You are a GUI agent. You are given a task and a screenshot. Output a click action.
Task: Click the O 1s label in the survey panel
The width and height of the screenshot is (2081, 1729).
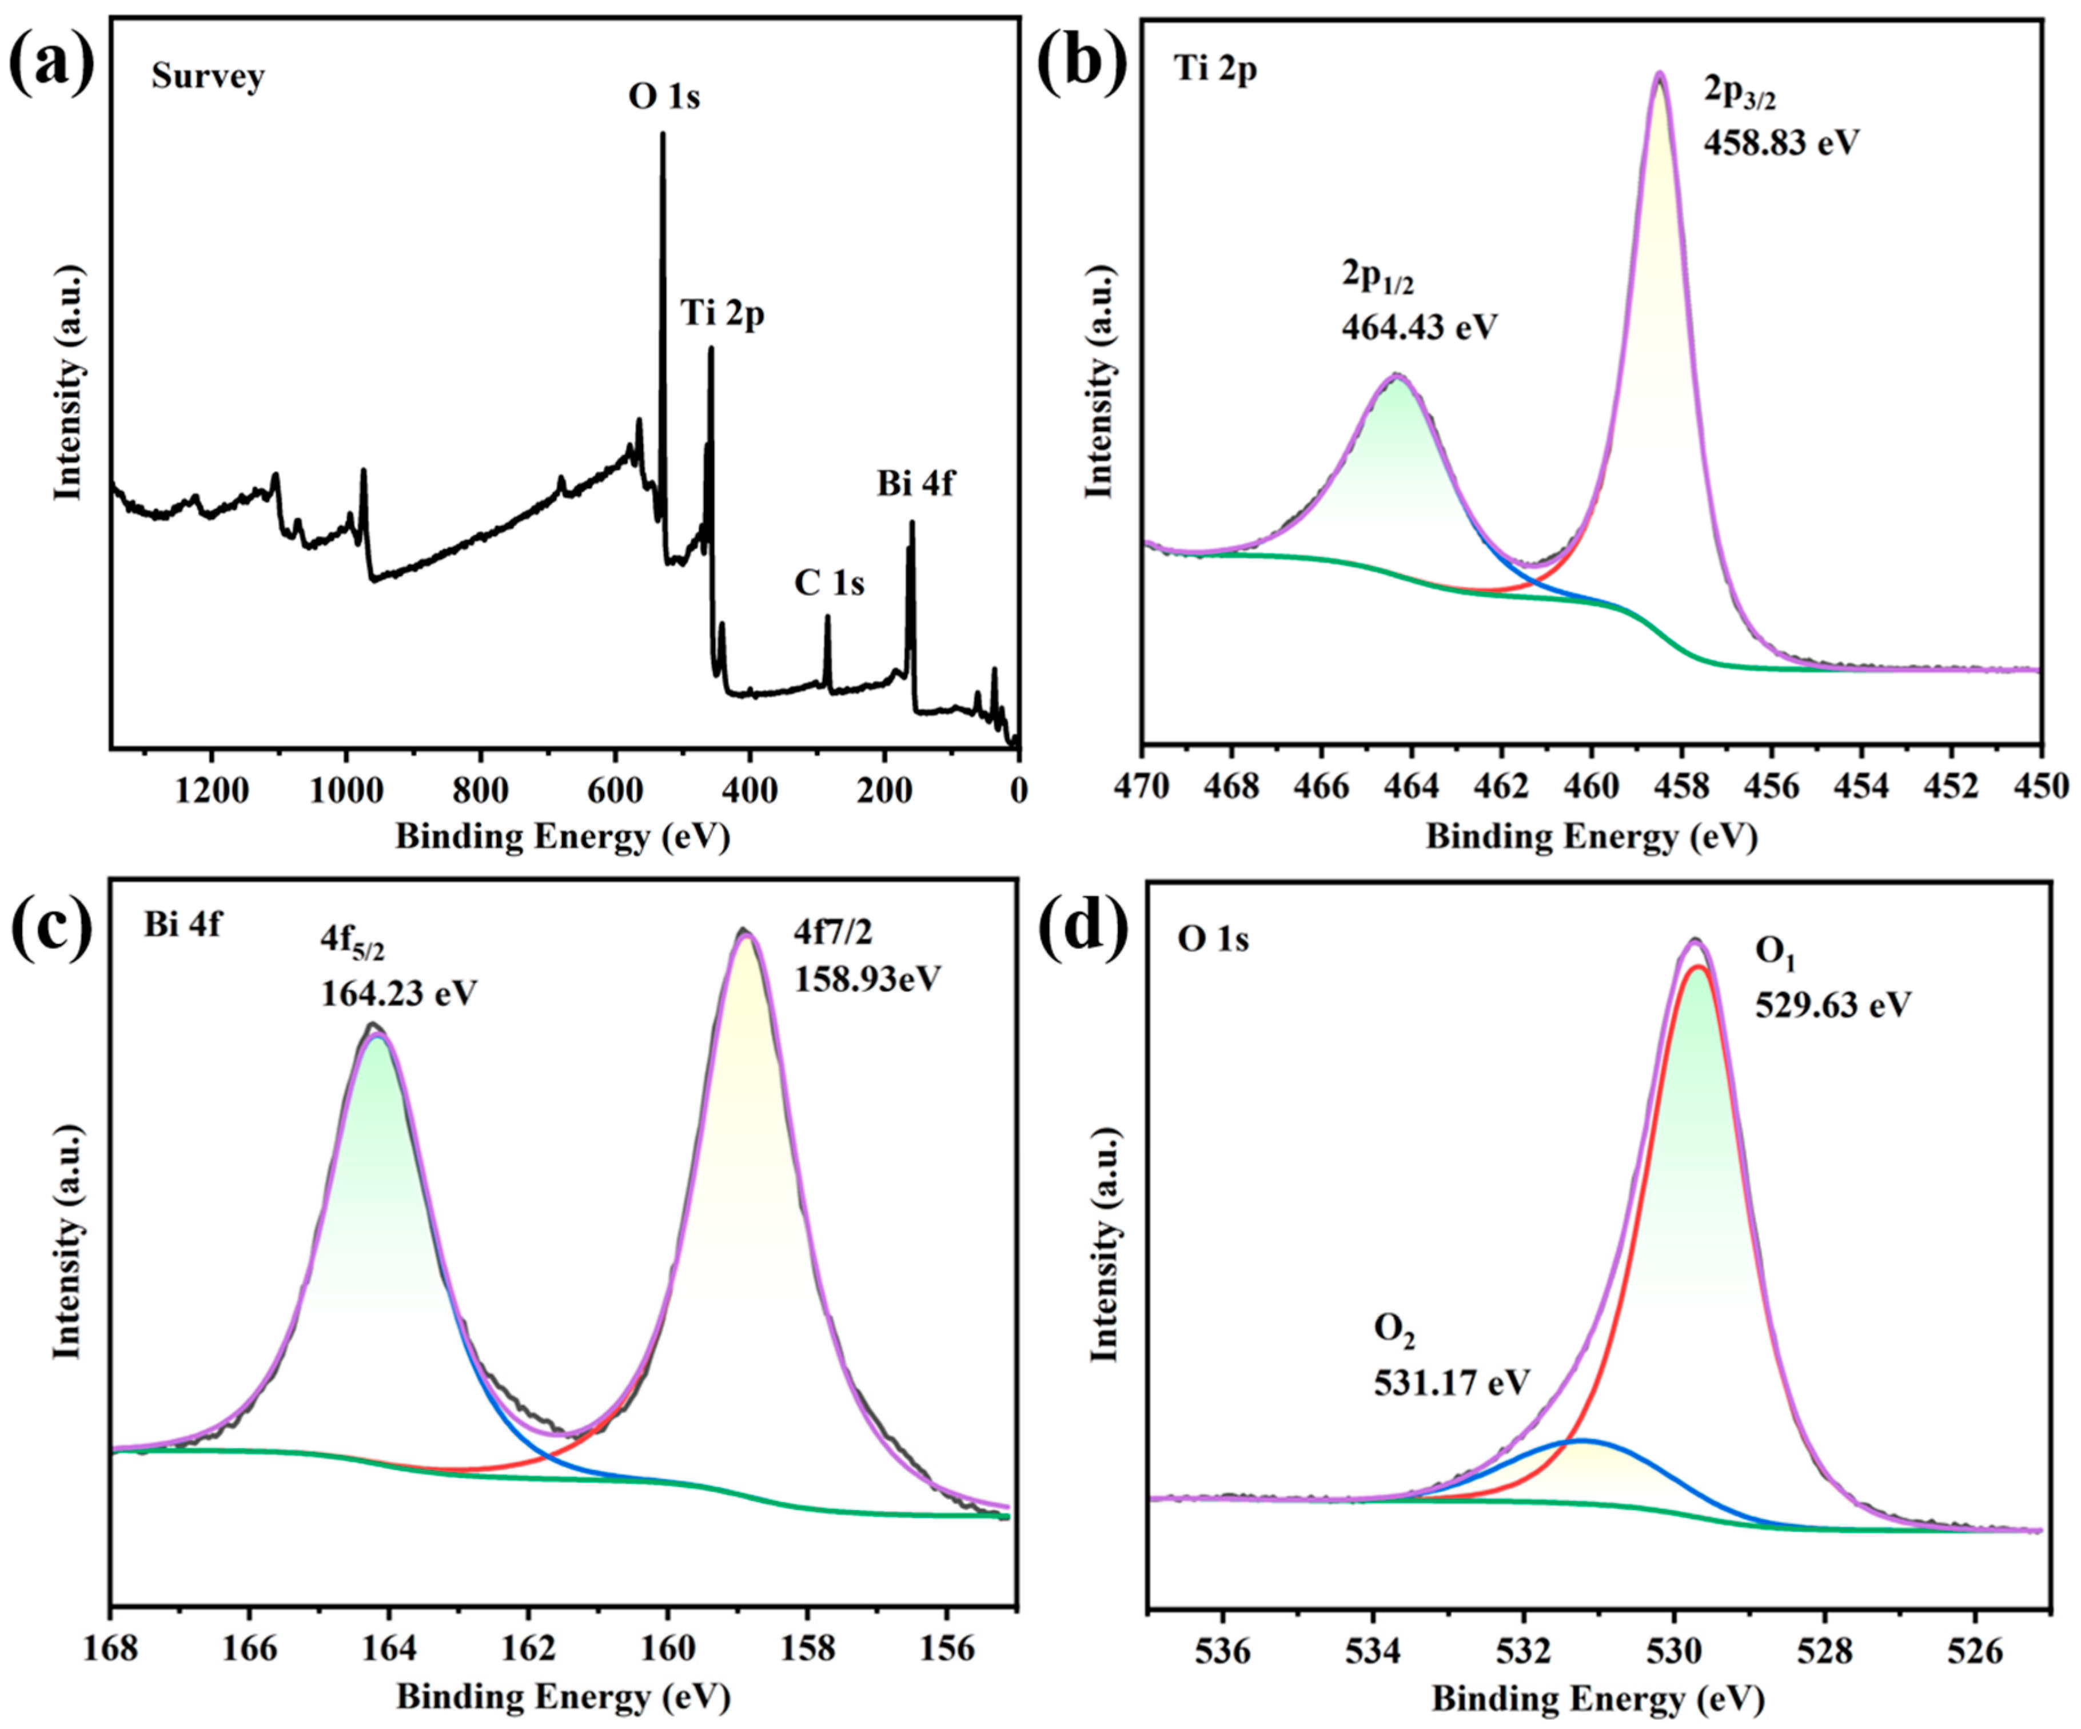click(664, 97)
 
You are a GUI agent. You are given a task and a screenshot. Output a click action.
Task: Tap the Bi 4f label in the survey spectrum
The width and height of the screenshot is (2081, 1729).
click(916, 484)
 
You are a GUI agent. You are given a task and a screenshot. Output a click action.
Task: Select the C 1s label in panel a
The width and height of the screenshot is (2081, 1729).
click(828, 584)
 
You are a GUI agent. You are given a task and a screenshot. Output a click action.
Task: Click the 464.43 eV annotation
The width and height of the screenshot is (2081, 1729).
click(1419, 327)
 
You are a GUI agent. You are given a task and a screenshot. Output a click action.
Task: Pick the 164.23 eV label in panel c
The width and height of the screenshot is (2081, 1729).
click(398, 993)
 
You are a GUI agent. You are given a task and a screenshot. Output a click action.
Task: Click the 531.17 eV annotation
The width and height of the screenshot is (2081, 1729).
click(1452, 1382)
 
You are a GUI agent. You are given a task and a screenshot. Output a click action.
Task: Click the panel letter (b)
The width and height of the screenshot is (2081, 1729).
click(1082, 61)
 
